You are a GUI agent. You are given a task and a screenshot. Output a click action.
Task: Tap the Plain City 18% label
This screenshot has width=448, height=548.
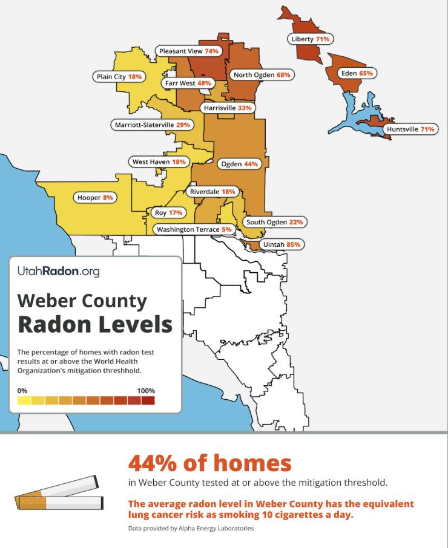coord(119,77)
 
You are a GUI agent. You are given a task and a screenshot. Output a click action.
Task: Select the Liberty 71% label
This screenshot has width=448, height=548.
coord(310,39)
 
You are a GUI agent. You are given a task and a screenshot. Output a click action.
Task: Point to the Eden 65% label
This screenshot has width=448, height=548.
coord(357,73)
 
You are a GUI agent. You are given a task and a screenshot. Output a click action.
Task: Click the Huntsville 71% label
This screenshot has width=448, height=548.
coord(410,129)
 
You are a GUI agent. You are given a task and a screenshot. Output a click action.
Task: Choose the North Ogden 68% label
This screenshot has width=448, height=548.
coord(262,75)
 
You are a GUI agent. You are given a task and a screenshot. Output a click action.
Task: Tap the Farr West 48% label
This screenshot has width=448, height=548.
coord(187,83)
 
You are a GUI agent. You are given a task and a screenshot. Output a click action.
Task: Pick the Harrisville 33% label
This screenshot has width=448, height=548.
coord(227,108)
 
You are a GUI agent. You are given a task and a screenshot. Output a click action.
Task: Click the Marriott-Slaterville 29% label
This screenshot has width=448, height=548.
coord(152,125)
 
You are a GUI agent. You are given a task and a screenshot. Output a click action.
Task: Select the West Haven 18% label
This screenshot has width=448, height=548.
coord(159,162)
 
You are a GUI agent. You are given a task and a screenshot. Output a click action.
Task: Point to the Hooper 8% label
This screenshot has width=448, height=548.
coord(95,198)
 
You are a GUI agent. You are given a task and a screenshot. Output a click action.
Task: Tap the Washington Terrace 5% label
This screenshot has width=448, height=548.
coord(194,230)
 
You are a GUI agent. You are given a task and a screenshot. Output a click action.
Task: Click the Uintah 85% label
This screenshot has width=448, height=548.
coord(281,245)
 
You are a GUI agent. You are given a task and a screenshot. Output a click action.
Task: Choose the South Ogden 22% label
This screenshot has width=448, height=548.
coord(274,222)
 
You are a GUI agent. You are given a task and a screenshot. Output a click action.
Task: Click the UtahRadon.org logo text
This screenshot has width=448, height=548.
coord(58,272)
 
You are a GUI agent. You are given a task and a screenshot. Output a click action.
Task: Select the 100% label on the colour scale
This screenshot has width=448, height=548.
coord(146,391)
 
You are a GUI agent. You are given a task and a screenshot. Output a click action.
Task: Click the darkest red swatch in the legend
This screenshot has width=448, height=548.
coord(148,400)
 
